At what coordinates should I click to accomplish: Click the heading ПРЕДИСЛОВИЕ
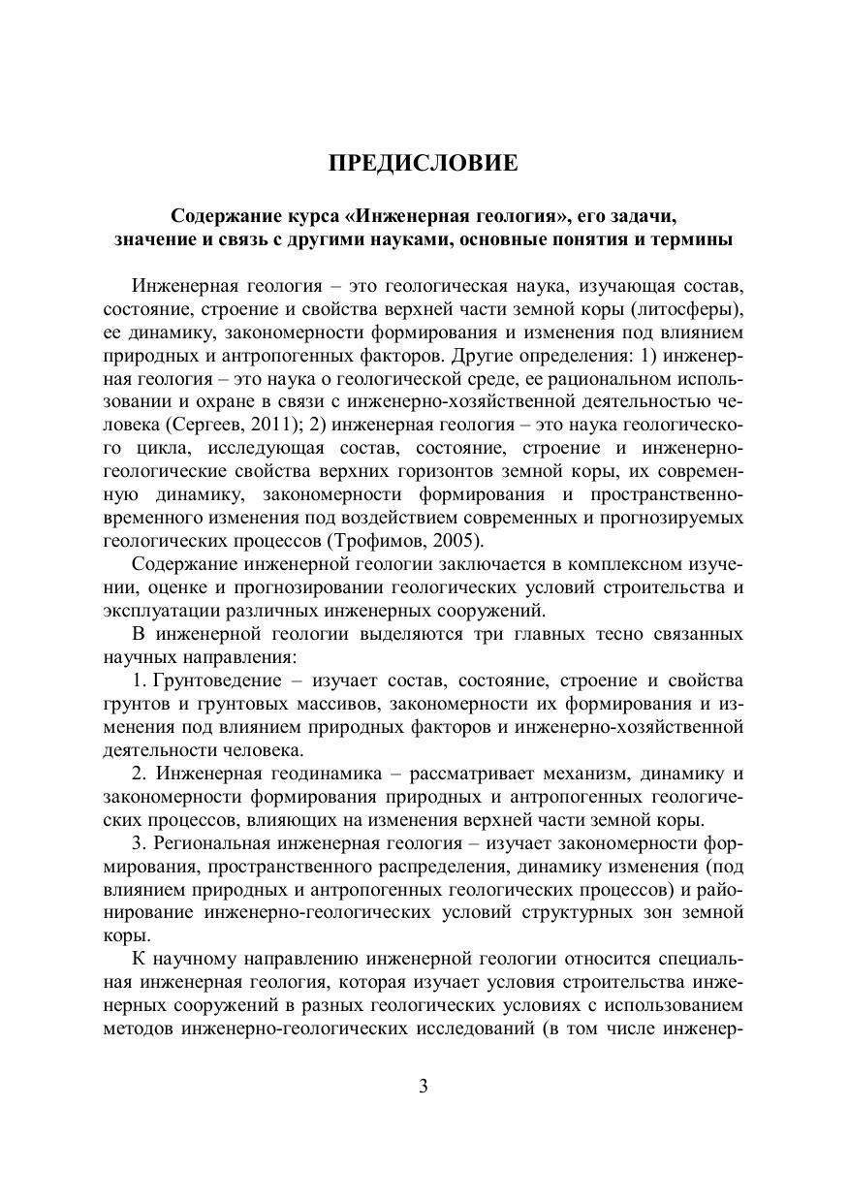click(x=424, y=163)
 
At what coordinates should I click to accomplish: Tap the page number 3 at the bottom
click(x=424, y=1085)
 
